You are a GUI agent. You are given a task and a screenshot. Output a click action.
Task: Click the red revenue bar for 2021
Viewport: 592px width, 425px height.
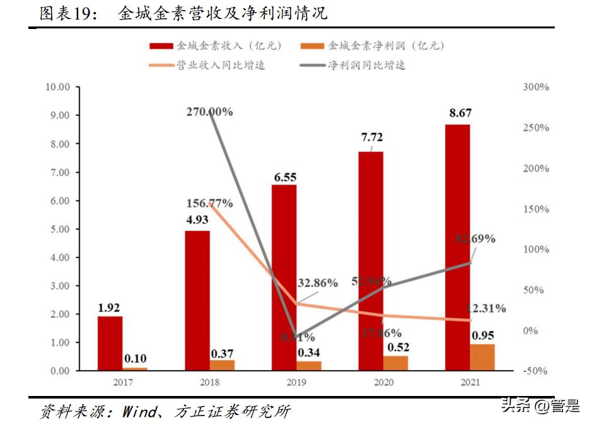[457, 246]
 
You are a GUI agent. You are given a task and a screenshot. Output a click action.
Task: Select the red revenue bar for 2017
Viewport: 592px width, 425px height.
[110, 343]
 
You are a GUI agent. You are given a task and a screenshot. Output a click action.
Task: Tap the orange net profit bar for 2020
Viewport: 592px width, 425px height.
[395, 363]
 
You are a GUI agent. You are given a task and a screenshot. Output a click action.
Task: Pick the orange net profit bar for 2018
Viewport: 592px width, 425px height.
[221, 365]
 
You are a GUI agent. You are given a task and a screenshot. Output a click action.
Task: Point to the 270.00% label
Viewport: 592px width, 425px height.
[209, 112]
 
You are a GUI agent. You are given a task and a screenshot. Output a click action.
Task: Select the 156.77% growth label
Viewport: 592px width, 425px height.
[210, 204]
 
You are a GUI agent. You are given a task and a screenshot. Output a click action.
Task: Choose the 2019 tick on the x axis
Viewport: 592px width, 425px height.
[296, 382]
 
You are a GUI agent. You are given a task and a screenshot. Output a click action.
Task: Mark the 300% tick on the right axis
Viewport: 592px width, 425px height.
[536, 87]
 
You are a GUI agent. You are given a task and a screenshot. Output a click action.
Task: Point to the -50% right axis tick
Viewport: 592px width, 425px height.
[536, 371]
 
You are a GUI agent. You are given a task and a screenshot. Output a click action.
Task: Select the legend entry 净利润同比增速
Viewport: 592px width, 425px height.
[366, 65]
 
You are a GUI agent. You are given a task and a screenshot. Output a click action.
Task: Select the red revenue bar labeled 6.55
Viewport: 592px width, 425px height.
[284, 277]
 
